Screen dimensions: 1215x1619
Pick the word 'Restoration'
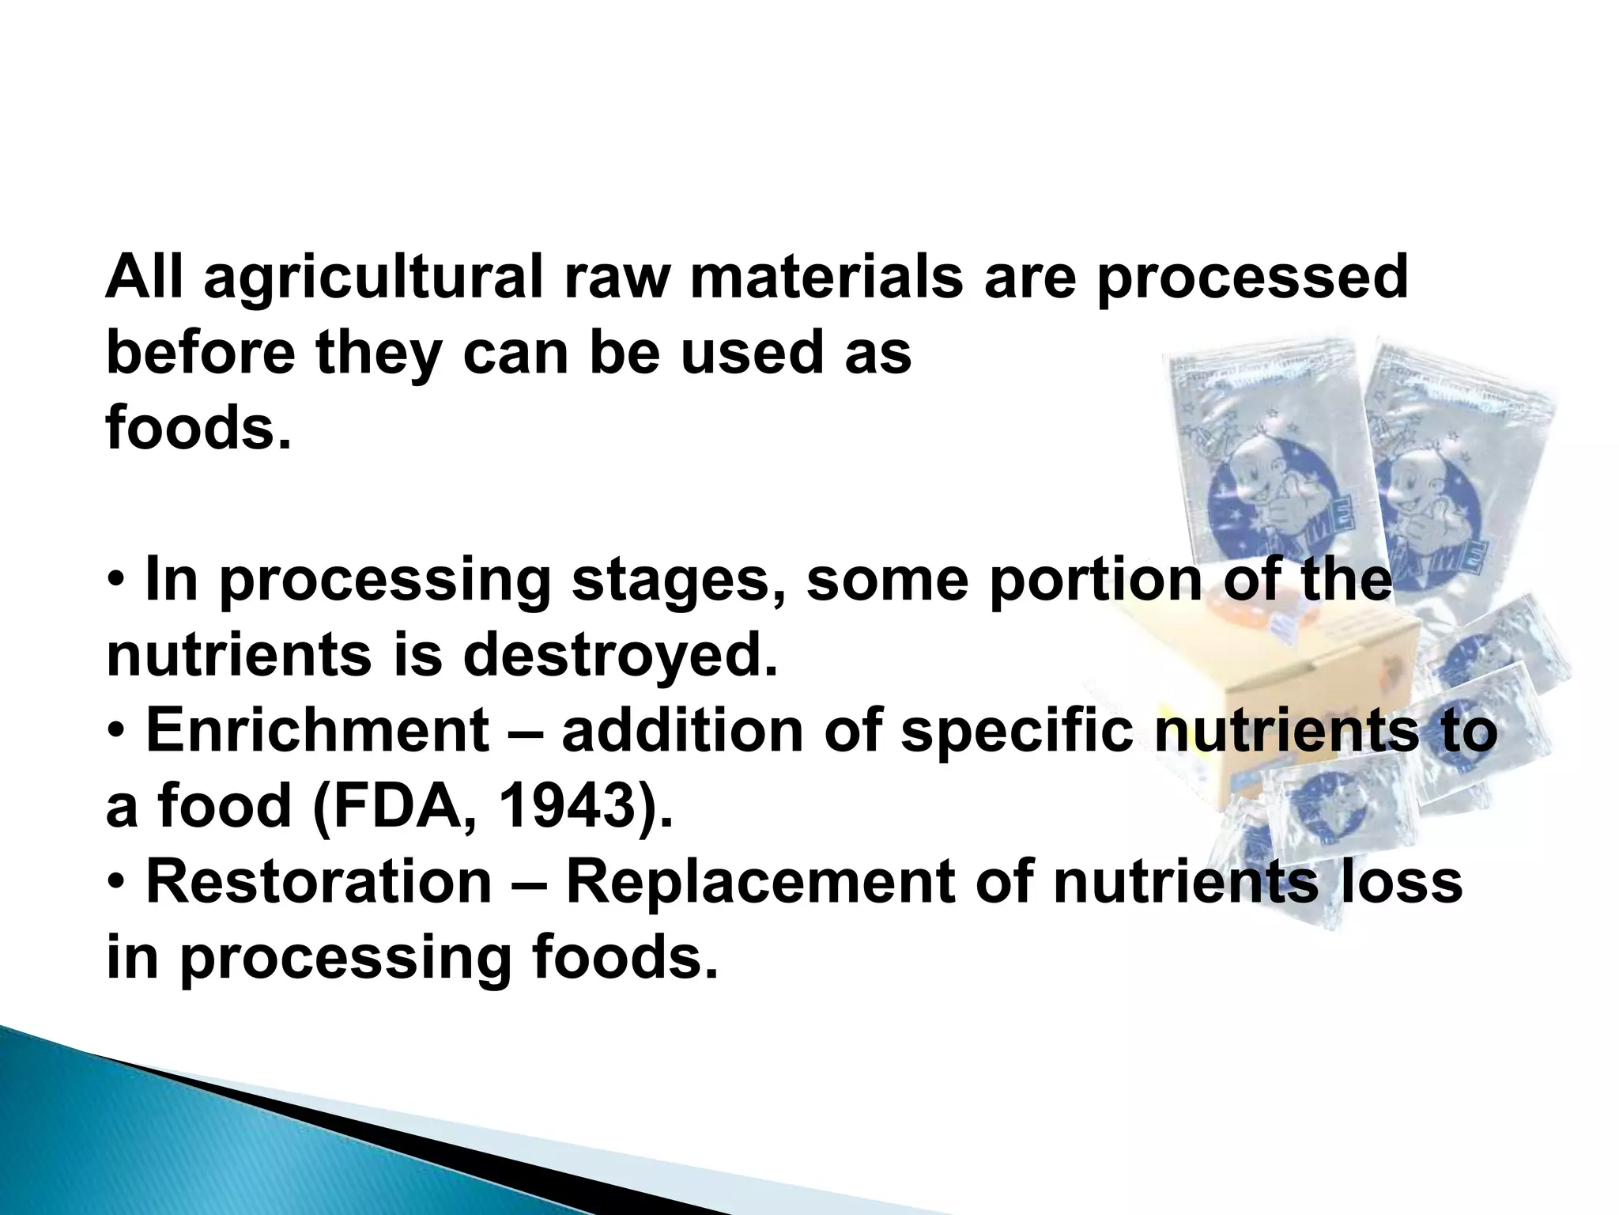pyautogui.click(x=319, y=881)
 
